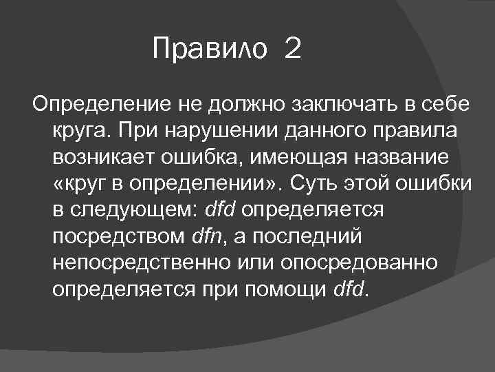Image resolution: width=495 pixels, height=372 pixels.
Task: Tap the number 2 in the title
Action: coord(291,49)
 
